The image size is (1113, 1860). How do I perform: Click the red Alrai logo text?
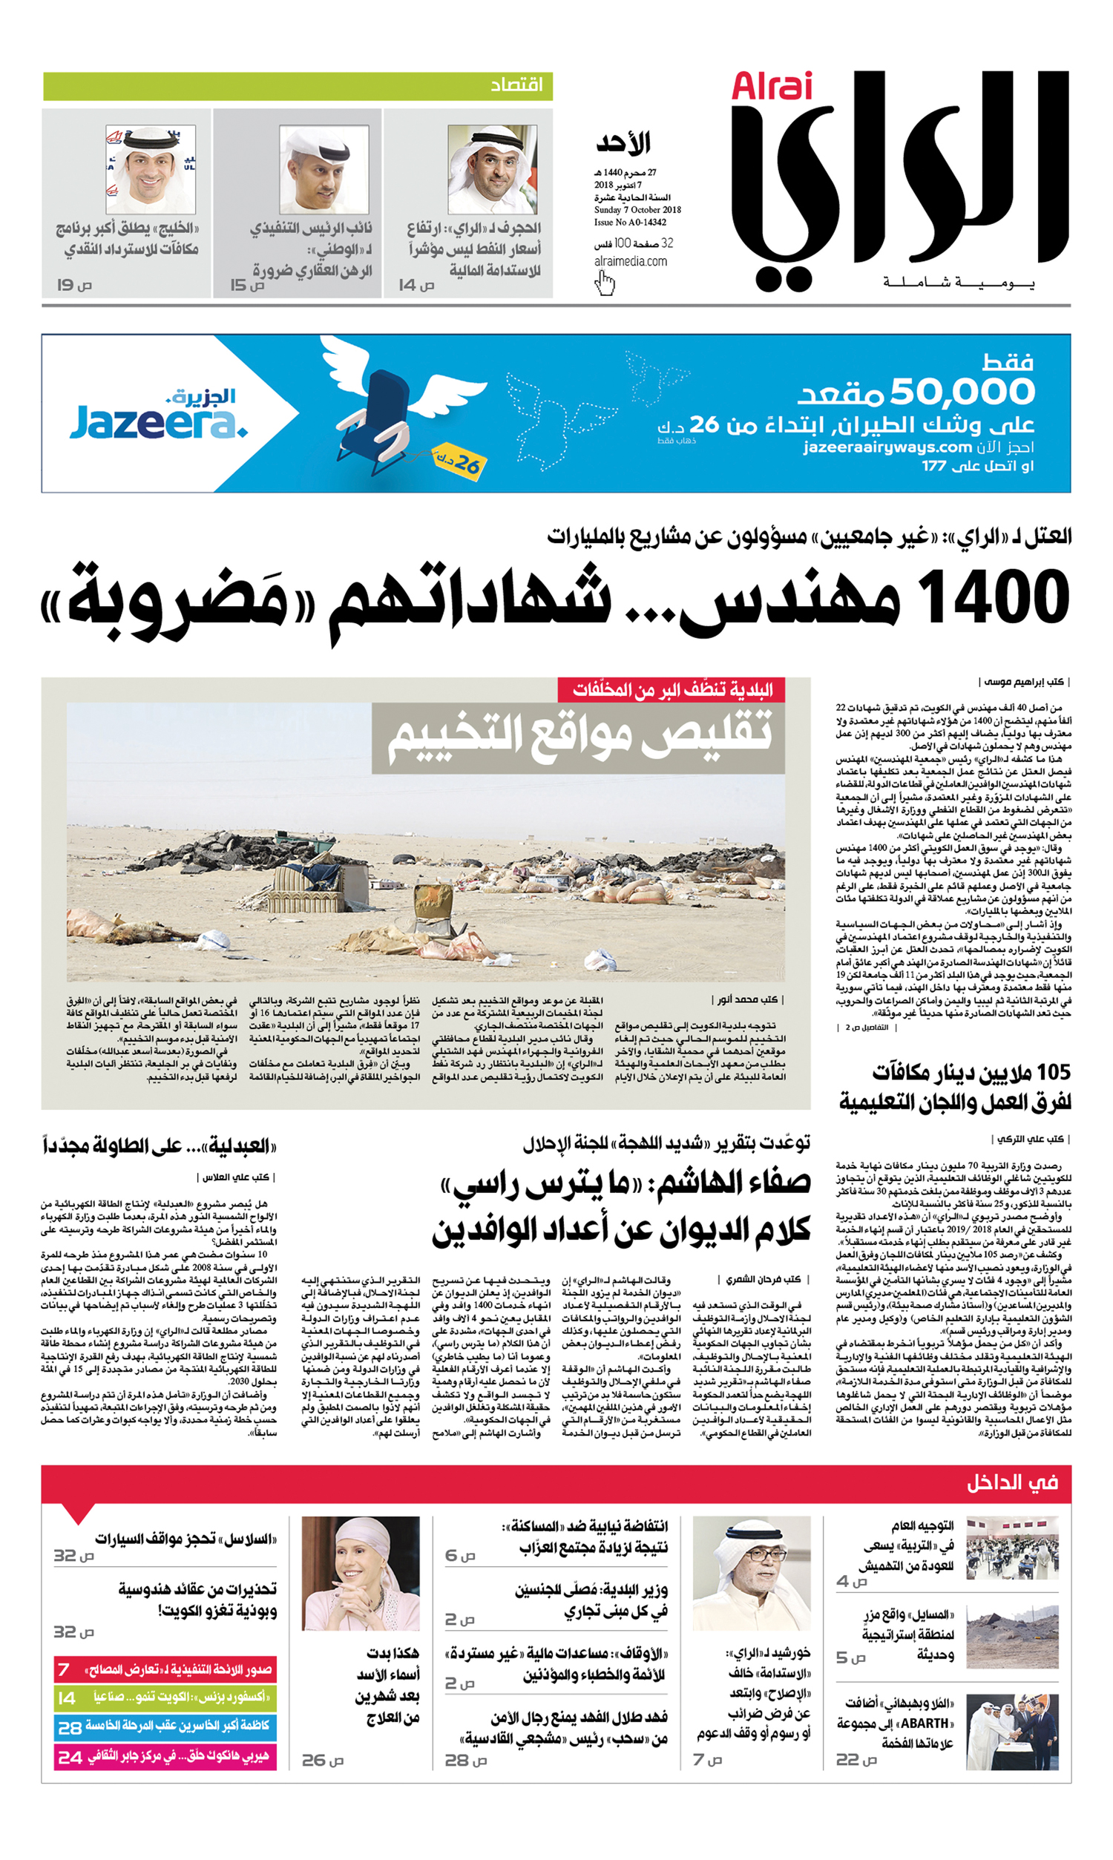pyautogui.click(x=771, y=87)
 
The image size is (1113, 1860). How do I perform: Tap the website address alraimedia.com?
pyautogui.click(x=630, y=262)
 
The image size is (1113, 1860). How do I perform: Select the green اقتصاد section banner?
pyautogui.click(x=298, y=86)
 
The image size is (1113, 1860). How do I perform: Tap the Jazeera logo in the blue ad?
pyautogui.click(x=160, y=416)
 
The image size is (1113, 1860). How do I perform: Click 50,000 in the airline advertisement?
pyautogui.click(x=962, y=392)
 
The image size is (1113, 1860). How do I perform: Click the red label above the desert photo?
pyautogui.click(x=671, y=690)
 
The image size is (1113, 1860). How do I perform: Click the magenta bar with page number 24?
pyautogui.click(x=165, y=1758)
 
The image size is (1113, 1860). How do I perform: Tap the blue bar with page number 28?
pyautogui.click(x=165, y=1727)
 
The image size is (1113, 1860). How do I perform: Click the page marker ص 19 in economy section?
pyautogui.click(x=75, y=285)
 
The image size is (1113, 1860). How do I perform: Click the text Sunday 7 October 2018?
pyautogui.click(x=637, y=210)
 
